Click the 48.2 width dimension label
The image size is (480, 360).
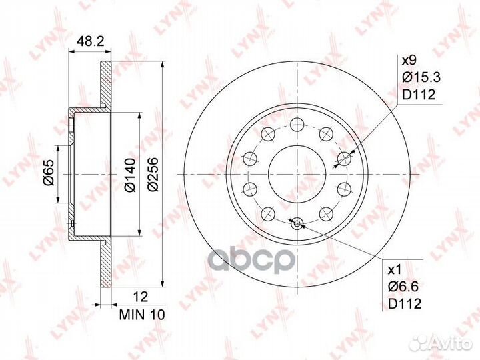click(x=90, y=41)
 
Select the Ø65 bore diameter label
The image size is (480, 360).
click(x=49, y=173)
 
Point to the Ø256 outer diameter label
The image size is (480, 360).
click(x=153, y=175)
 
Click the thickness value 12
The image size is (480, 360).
click(x=141, y=297)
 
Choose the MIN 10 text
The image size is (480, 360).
click(x=142, y=315)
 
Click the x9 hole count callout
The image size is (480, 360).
click(x=409, y=60)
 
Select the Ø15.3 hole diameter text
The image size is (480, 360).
click(x=421, y=77)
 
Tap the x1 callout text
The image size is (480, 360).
click(x=395, y=270)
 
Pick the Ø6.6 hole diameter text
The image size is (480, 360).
click(x=403, y=287)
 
